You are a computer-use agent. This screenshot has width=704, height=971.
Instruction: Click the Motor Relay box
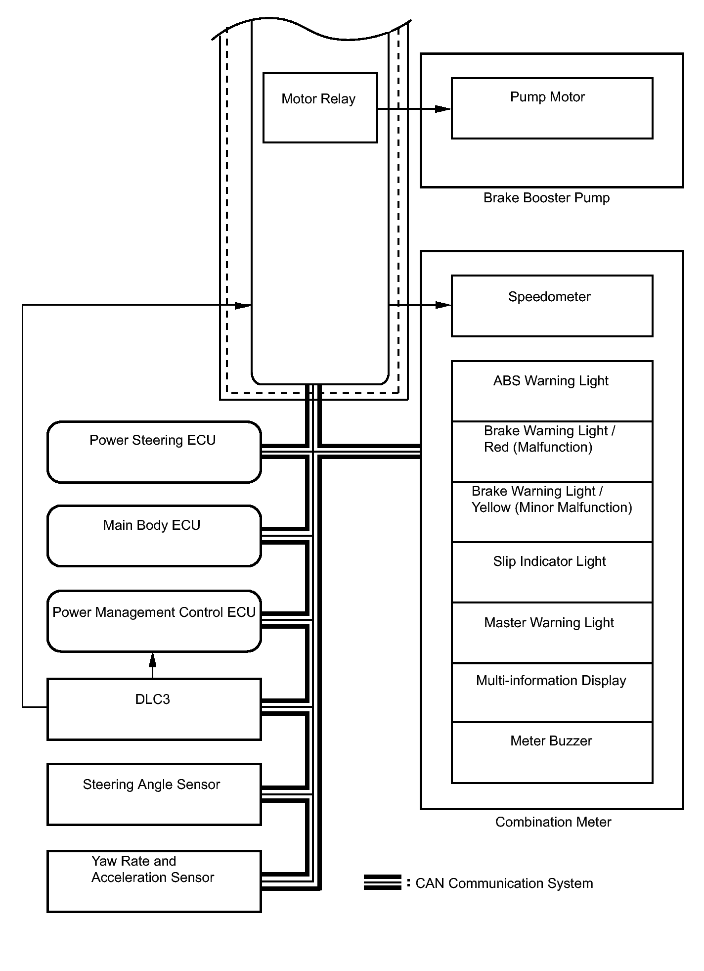pyautogui.click(x=320, y=108)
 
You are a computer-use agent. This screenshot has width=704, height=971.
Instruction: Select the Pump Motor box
pyautogui.click(x=552, y=108)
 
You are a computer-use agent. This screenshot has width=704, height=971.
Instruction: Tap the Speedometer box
pyautogui.click(x=552, y=306)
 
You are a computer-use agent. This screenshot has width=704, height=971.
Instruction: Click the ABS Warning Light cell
pyautogui.click(x=552, y=391)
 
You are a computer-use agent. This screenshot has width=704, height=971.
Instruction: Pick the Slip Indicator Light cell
pyautogui.click(x=552, y=572)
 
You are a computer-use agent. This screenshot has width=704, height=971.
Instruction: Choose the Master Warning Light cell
pyautogui.click(x=552, y=632)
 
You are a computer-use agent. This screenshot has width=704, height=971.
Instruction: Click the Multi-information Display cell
pyautogui.click(x=552, y=692)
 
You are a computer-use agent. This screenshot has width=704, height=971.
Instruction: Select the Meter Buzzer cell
pyautogui.click(x=552, y=752)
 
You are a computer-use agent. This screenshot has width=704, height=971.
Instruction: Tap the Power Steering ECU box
pyautogui.click(x=154, y=452)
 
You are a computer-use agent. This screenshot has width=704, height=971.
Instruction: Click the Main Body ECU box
pyautogui.click(x=154, y=536)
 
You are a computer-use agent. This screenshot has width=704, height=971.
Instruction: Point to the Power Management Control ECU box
pyautogui.click(x=154, y=621)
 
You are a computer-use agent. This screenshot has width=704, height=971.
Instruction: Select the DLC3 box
pyautogui.click(x=154, y=709)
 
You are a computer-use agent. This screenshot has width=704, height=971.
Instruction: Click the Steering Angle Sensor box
pyautogui.click(x=154, y=794)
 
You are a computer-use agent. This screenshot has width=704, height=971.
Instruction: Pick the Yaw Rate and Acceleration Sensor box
pyautogui.click(x=154, y=881)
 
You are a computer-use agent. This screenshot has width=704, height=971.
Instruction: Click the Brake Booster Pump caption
pyautogui.click(x=546, y=198)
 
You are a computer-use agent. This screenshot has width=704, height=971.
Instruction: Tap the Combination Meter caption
pyautogui.click(x=553, y=822)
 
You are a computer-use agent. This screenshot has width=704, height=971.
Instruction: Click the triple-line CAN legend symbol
pyautogui.click(x=382, y=882)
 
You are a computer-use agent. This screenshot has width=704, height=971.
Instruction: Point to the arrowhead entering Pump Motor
pyautogui.click(x=443, y=109)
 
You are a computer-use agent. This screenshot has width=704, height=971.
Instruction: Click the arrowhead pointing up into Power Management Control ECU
pyautogui.click(x=153, y=659)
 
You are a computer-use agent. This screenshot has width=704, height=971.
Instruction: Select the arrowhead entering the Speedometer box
pyautogui.click(x=443, y=305)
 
